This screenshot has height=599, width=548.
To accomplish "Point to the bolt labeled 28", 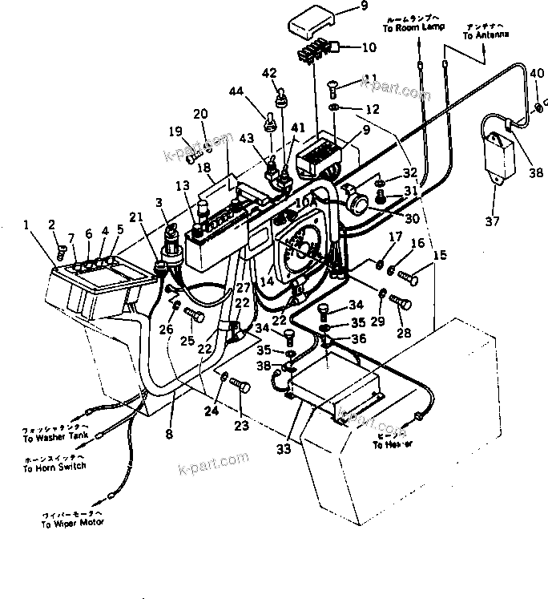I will [x=400, y=303].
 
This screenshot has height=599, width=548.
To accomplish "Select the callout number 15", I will [x=441, y=255].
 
